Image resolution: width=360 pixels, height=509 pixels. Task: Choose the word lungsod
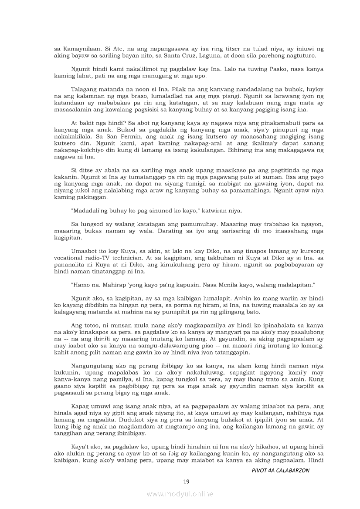(91, 224)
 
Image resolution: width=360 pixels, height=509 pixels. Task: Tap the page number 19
(186, 481)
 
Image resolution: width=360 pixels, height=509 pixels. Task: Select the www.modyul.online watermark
(180, 494)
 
